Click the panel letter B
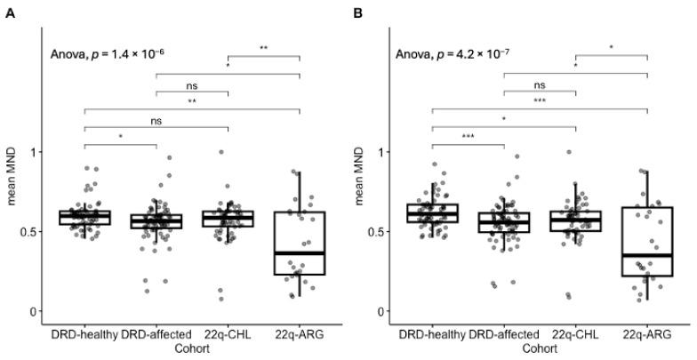click(357, 13)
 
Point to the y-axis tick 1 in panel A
click(36, 152)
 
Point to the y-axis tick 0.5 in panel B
click(379, 231)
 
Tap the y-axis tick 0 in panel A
click(36, 311)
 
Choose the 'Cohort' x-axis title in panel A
click(192, 348)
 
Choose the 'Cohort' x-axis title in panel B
click(540, 348)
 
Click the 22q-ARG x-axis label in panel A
click(300, 335)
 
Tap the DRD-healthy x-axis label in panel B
click(432, 335)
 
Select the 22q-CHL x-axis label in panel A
click(228, 335)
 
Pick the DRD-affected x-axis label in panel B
click(504, 335)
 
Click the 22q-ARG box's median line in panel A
click(300, 253)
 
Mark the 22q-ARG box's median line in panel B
click(647, 255)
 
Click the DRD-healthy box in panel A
click(84, 218)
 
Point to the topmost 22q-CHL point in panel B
click(569, 152)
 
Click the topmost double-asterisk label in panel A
click(264, 48)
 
